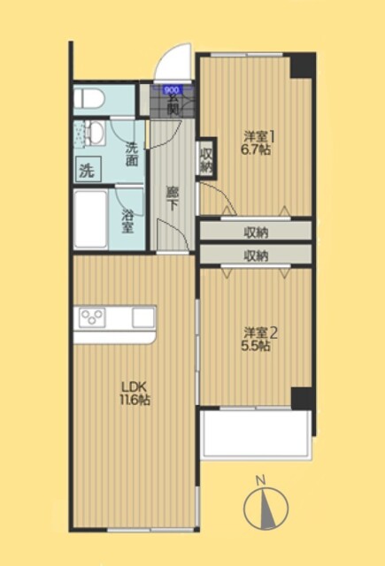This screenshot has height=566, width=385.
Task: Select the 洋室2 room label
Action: (261, 333)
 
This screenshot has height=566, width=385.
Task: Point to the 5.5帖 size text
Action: (258, 347)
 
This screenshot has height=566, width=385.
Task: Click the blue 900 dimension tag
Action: (172, 90)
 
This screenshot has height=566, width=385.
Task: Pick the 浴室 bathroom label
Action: (127, 221)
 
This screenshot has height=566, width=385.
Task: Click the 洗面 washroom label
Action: (132, 155)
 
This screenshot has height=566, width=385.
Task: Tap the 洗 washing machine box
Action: (87, 169)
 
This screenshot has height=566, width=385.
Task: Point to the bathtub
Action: (91, 220)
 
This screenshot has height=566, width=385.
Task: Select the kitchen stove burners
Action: (94, 316)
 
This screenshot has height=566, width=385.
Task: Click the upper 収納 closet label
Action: (256, 232)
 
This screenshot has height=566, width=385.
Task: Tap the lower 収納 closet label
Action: (256, 256)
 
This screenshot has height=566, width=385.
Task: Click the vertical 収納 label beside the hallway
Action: (206, 160)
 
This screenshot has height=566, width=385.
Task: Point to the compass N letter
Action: (260, 480)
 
